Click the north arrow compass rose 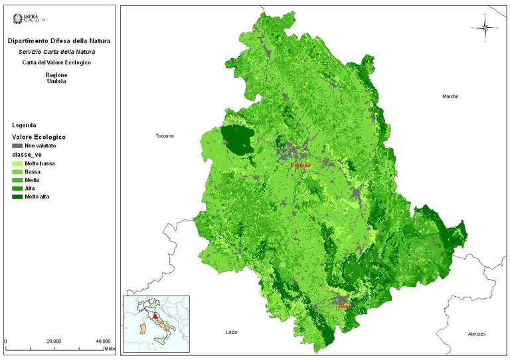[x=485, y=28]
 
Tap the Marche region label [x=450, y=96]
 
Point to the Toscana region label [x=164, y=136]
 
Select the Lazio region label [x=231, y=331]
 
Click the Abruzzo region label [x=476, y=333]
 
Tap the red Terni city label [x=343, y=306]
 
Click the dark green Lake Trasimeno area [x=238, y=138]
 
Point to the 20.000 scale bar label [x=54, y=341]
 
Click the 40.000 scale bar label [x=102, y=341]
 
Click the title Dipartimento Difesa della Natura [x=59, y=41]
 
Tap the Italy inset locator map [x=155, y=321]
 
